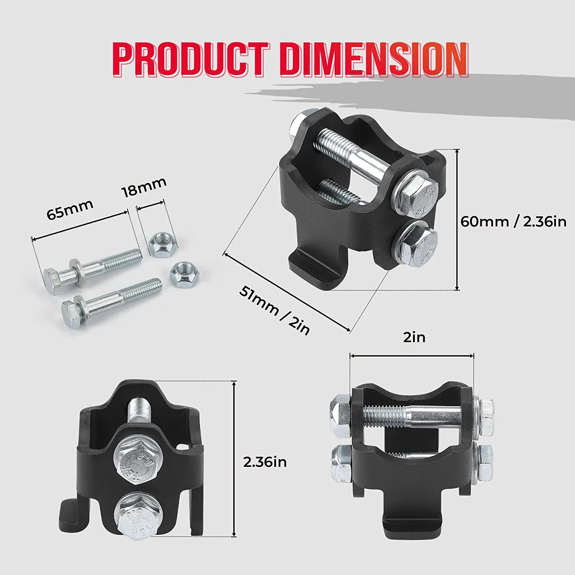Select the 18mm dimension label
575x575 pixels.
pos(144,187)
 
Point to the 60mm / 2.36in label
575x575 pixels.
pos(513,222)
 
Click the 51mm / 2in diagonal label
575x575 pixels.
pos(274,310)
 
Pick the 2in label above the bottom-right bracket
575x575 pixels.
pos(414,337)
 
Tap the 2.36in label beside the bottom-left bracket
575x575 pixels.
pos(265,462)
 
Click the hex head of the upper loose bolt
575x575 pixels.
pos(52,281)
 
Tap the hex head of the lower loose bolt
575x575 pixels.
pos(71,314)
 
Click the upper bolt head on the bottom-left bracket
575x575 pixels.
pos(136,459)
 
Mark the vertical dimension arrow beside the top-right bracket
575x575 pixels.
pos(457,219)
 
